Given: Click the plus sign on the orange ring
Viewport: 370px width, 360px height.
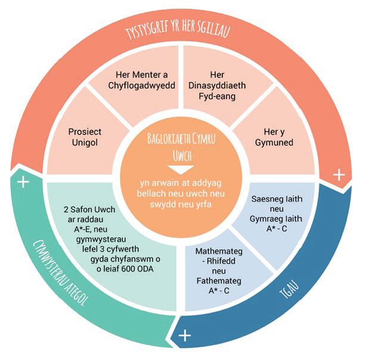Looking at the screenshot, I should (339, 175).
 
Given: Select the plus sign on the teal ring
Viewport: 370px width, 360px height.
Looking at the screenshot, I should (23, 182).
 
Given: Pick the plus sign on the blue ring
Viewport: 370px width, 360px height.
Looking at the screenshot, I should (185, 336).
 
